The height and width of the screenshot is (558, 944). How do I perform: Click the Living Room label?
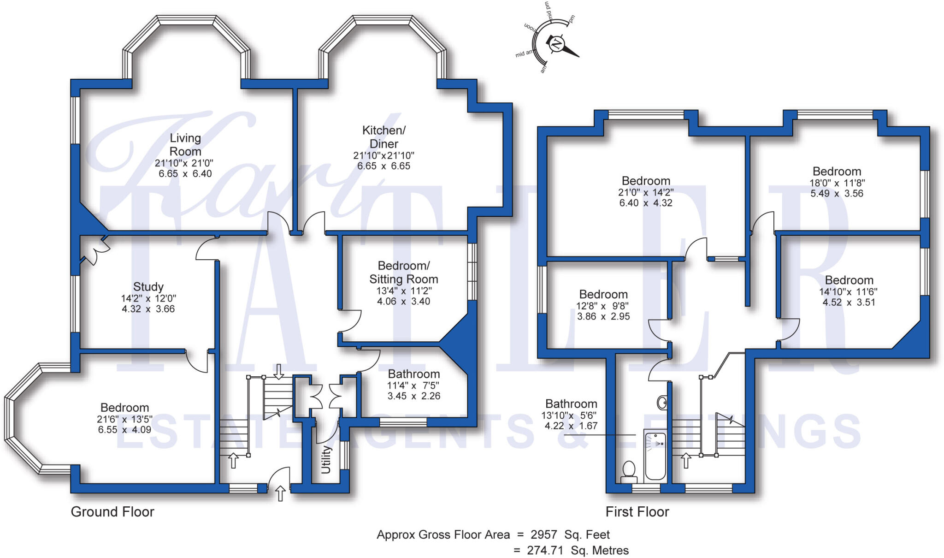185,144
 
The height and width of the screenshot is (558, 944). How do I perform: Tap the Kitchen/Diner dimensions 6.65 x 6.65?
383,166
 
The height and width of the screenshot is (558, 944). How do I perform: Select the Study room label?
148,286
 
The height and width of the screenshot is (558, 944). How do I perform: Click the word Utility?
326,459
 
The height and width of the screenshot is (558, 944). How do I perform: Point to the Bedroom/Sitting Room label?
404,272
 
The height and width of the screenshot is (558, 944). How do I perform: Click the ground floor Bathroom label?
414,374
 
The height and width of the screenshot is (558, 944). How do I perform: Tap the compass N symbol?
557,44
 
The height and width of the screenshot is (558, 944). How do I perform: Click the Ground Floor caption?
112,511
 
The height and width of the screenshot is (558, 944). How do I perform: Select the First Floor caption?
637,511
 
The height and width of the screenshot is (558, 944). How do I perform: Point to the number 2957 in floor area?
544,534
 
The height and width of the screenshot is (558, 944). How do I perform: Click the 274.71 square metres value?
545,550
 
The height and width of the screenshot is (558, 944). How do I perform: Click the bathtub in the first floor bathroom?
655,456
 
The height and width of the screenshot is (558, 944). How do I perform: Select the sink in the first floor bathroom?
662,403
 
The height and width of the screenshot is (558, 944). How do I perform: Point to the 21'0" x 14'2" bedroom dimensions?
646,192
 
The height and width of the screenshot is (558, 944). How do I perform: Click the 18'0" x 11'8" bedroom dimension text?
837,183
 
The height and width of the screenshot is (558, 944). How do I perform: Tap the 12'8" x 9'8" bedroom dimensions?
603,305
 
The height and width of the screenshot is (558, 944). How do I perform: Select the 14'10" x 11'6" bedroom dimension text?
849,291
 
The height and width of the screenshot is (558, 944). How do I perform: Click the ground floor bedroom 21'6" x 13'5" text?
124,419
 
